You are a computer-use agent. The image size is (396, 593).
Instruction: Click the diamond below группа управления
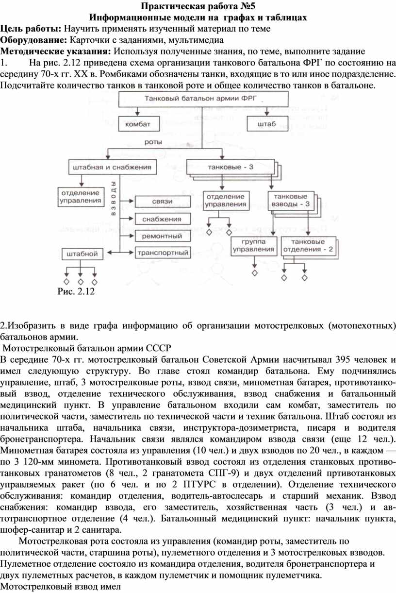254,273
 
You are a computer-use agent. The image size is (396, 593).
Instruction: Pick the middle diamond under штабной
81,282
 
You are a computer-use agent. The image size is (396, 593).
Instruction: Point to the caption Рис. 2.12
76,291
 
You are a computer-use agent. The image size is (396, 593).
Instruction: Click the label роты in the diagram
153,142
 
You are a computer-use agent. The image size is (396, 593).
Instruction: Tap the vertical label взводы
113,198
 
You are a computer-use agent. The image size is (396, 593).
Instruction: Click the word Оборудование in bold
34,40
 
